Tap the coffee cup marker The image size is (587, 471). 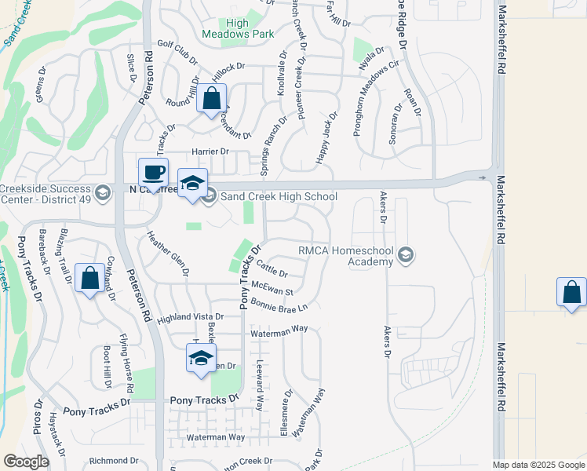pyautogui.click(x=153, y=172)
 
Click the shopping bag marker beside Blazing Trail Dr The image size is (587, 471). pyautogui.click(x=90, y=277)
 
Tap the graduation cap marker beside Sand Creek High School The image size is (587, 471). pyautogui.click(x=192, y=183)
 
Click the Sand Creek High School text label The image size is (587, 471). pyautogui.click(x=279, y=197)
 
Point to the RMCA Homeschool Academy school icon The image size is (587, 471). pyautogui.click(x=405, y=254)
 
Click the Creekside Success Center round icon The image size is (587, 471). pyautogui.click(x=103, y=192)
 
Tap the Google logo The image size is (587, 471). pyautogui.click(x=26, y=462)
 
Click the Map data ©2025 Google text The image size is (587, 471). pyautogui.click(x=538, y=465)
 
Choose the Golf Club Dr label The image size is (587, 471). pyautogui.click(x=177, y=49)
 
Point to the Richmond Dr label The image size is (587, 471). pyautogui.click(x=113, y=461)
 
